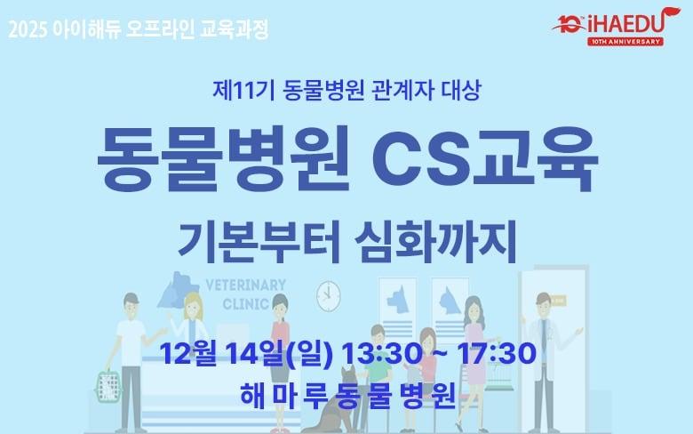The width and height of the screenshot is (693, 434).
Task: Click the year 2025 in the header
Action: [27, 29]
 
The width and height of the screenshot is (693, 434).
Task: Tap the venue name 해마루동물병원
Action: [347, 392]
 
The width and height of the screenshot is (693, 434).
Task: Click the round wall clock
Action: [329, 293]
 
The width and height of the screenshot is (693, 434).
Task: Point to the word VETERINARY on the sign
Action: [245, 285]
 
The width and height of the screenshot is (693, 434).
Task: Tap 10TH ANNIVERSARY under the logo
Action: [625, 41]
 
